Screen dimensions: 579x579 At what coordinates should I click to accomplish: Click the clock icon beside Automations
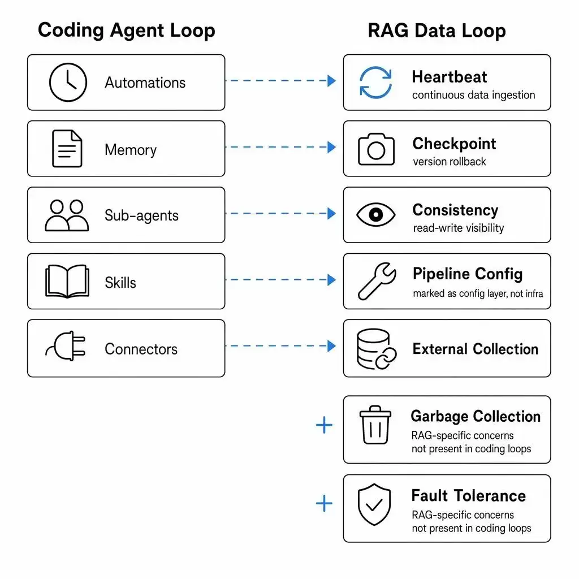(x=68, y=83)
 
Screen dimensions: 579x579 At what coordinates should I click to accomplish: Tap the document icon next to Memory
(x=67, y=149)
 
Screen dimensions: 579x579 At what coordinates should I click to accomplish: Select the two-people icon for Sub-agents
(x=67, y=215)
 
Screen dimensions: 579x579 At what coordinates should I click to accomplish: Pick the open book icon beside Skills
(x=67, y=282)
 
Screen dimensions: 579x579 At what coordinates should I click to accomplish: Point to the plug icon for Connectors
(x=66, y=346)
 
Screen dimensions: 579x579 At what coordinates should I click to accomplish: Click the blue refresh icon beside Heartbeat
(x=375, y=83)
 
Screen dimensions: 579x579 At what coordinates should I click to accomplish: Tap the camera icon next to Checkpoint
(x=376, y=149)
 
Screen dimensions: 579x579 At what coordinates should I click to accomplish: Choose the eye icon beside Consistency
(x=376, y=214)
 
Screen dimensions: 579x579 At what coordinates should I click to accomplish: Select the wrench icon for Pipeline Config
(x=377, y=282)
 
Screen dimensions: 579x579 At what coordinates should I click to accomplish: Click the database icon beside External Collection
(x=376, y=349)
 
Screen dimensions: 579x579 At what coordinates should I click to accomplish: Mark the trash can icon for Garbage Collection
(x=375, y=425)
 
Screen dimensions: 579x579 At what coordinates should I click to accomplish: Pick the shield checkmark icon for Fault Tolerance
(x=374, y=504)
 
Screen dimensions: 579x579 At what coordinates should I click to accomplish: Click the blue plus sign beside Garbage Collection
(x=324, y=425)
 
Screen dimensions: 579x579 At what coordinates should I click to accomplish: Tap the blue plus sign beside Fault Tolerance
(x=324, y=504)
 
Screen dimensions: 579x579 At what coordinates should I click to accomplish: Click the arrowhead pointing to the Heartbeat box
(x=331, y=80)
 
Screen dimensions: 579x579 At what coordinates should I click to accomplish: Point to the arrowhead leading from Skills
(x=331, y=279)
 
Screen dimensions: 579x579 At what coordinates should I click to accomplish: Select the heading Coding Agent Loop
(x=126, y=31)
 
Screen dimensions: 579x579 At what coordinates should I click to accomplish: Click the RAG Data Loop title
(x=437, y=31)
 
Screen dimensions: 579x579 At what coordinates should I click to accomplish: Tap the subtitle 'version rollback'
(x=450, y=162)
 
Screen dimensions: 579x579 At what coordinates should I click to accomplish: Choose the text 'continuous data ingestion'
(x=474, y=95)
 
